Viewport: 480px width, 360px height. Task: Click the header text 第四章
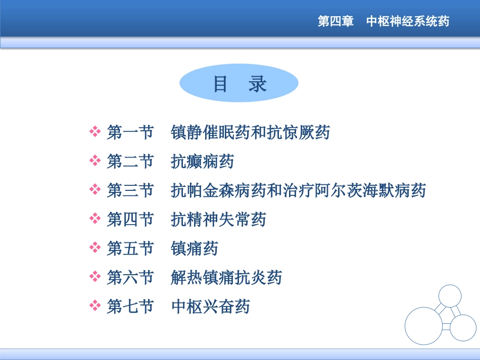point(335,22)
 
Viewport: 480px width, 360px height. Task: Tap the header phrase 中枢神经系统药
point(407,22)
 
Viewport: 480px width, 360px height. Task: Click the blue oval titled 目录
point(239,83)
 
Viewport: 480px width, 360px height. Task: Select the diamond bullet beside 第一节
point(95,132)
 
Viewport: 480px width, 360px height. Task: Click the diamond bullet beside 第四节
point(95,219)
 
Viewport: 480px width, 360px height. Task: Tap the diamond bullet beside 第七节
point(95,306)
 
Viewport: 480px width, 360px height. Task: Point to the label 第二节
point(130,162)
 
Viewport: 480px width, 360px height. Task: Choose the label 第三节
point(130,190)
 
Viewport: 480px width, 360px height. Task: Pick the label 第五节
point(130,248)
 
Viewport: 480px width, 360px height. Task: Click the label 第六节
point(130,277)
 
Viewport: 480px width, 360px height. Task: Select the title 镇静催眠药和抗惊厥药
point(251,133)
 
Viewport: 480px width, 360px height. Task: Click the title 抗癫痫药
point(203,162)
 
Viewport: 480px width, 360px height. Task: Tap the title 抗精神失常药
point(218,220)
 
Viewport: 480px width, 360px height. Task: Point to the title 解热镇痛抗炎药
point(226,277)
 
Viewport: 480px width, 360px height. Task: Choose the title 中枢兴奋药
point(211,306)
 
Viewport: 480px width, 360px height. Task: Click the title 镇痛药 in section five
point(195,248)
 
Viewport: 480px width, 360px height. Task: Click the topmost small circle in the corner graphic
point(450,296)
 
